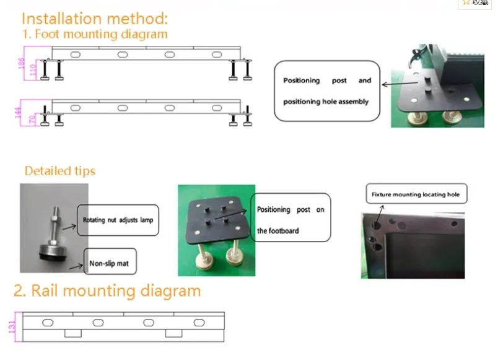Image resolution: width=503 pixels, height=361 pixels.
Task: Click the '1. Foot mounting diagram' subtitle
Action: pyautogui.click(x=95, y=34)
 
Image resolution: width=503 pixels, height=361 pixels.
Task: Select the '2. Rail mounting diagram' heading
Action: pyautogui.click(x=107, y=290)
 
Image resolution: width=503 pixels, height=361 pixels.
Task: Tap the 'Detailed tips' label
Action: pyautogui.click(x=60, y=170)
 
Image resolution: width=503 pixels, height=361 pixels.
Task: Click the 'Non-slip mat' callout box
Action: pyautogui.click(x=109, y=263)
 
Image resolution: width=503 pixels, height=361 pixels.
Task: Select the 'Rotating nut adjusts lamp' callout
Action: pyautogui.click(x=118, y=220)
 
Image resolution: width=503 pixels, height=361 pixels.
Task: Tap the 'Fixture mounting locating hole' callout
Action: pyautogui.click(x=416, y=194)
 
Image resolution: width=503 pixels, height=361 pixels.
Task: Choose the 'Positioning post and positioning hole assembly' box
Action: pyautogui.click(x=326, y=90)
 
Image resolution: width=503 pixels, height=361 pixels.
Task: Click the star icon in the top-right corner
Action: pyautogui.click(x=466, y=2)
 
